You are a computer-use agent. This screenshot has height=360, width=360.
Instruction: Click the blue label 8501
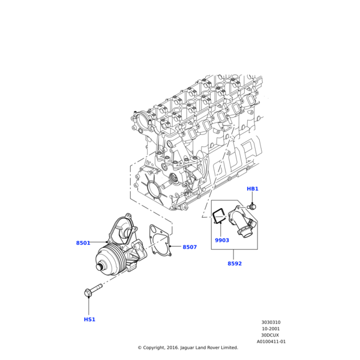[x=83, y=243]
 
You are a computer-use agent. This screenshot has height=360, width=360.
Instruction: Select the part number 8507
[x=190, y=247]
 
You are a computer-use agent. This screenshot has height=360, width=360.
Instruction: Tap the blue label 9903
[x=222, y=241]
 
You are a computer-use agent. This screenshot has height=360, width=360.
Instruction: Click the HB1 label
[x=253, y=189]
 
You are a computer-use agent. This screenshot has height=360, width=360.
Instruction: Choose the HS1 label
[x=89, y=319]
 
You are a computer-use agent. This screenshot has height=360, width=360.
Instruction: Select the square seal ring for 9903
[x=220, y=218]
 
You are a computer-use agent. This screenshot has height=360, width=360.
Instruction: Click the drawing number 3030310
[x=271, y=322]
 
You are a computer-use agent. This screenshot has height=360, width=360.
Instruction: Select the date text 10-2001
[x=271, y=329]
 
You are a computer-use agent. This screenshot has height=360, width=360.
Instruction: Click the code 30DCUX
[x=271, y=335]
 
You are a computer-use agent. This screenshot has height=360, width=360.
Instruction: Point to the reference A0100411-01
[x=271, y=341]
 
